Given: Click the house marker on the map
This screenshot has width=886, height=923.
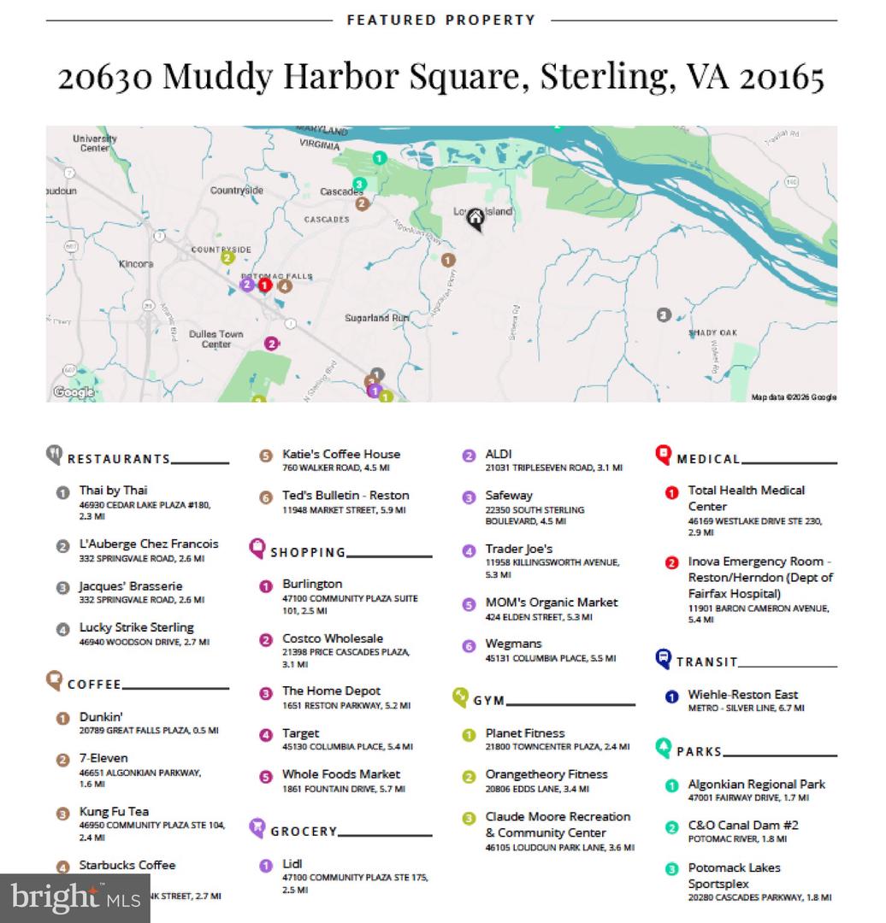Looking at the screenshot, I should point(475,220).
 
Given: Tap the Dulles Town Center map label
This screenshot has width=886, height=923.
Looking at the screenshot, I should point(216,339).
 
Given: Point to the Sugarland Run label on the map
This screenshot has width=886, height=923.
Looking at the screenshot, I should point(377,318).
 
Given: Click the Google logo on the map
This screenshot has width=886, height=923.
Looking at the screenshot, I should point(74,392).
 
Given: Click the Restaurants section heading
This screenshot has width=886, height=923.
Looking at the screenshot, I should point(119,459).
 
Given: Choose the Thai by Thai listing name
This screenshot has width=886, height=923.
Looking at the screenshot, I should point(114,491).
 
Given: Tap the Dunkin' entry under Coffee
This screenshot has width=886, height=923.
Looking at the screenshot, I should point(102,717).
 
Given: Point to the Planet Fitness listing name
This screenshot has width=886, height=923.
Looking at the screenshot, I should point(525,733).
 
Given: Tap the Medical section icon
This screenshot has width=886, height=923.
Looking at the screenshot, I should point(663,455).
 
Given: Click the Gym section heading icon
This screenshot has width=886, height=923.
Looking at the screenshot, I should point(460,697).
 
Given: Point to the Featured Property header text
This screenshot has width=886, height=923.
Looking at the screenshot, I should point(441,20).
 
